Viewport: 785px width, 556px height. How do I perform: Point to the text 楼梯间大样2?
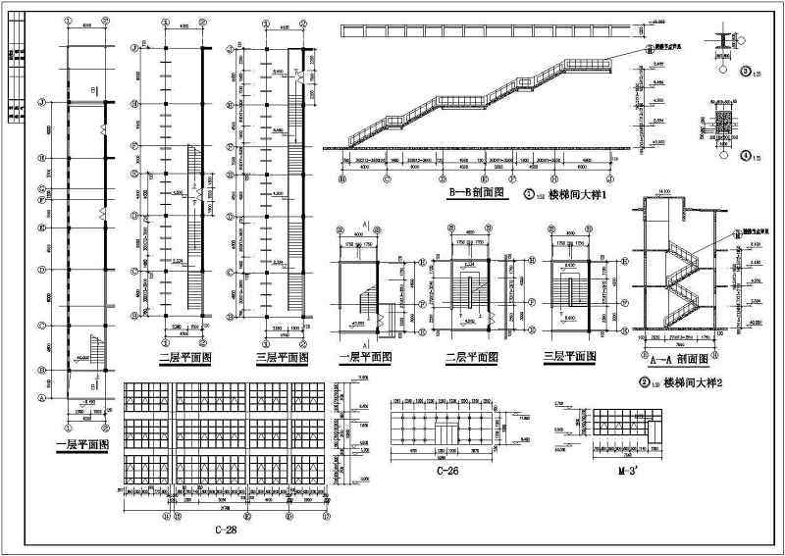coord(693,382)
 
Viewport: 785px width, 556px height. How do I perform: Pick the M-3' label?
coord(617,472)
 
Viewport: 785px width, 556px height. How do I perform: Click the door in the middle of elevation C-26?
coord(445,434)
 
